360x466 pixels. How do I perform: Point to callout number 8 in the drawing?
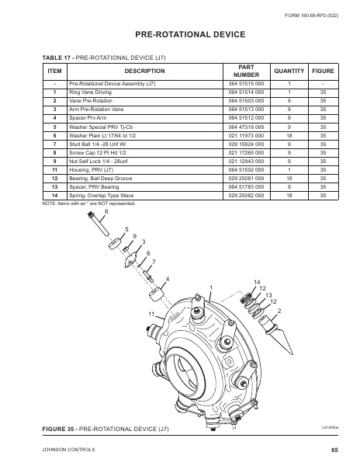(x=106, y=211)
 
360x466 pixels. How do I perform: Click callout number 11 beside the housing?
(x=153, y=312)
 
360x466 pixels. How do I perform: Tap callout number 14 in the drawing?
(x=257, y=280)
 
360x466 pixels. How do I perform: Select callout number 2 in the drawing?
(x=279, y=311)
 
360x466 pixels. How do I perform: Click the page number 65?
(x=333, y=449)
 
